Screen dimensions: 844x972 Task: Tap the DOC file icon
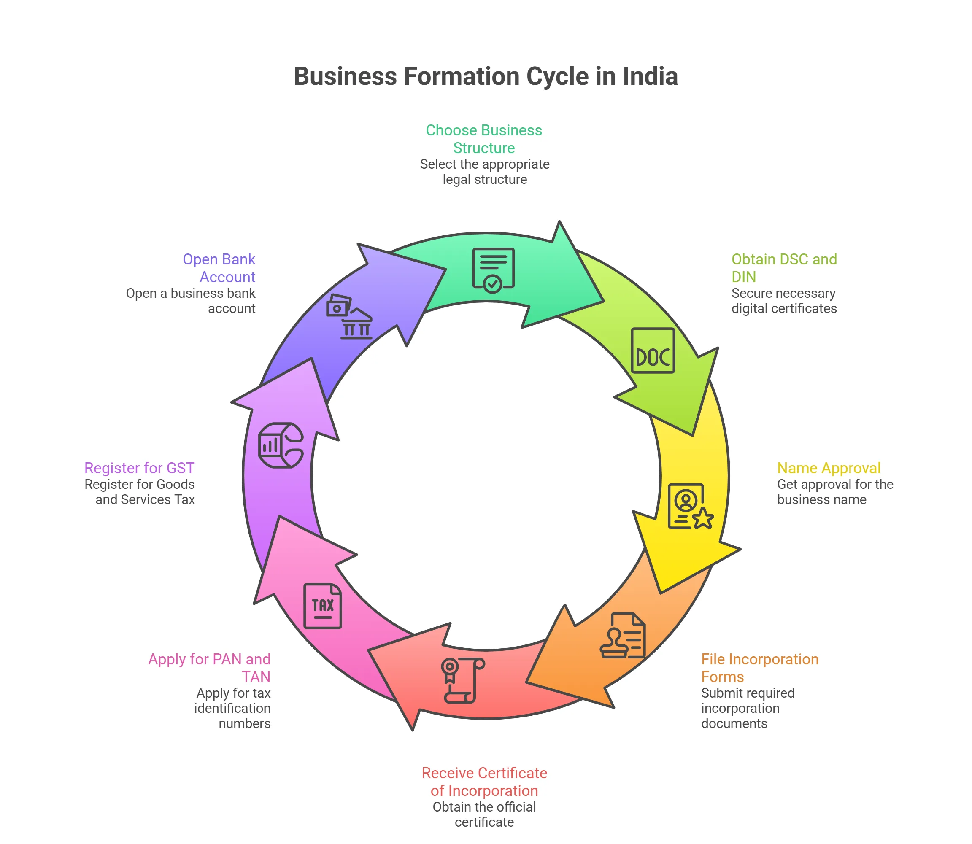(653, 351)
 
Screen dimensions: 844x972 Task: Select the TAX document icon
(323, 606)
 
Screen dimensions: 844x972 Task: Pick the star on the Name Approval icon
(703, 518)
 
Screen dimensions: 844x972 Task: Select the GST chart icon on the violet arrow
(281, 445)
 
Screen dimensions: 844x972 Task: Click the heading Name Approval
(828, 468)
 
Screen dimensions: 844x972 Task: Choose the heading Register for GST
(140, 468)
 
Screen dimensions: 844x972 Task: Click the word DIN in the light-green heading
(743, 277)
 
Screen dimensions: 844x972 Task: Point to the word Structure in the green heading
(484, 148)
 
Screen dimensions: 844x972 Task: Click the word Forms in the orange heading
(722, 677)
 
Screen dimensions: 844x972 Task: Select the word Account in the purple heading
(227, 277)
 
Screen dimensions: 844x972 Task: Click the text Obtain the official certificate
(484, 814)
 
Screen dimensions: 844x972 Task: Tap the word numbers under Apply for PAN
(245, 723)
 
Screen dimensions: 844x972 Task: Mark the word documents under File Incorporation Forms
(734, 723)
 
